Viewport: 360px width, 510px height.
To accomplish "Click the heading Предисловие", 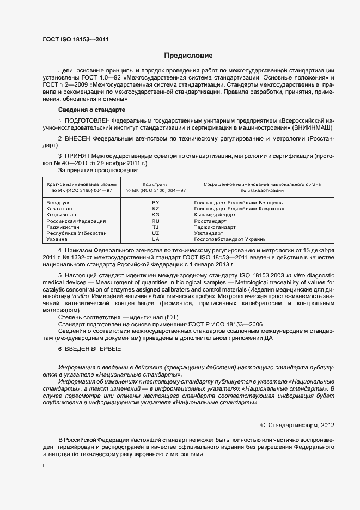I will click(x=189, y=56).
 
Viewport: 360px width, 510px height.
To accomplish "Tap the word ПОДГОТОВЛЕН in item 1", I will click(x=87, y=120).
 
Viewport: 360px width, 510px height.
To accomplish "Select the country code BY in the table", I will click(x=156, y=203).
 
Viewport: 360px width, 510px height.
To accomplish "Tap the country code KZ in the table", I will click(x=156, y=209).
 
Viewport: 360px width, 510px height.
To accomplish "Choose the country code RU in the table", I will click(x=156, y=221).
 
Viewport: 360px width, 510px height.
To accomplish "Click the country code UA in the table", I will click(x=156, y=239).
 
